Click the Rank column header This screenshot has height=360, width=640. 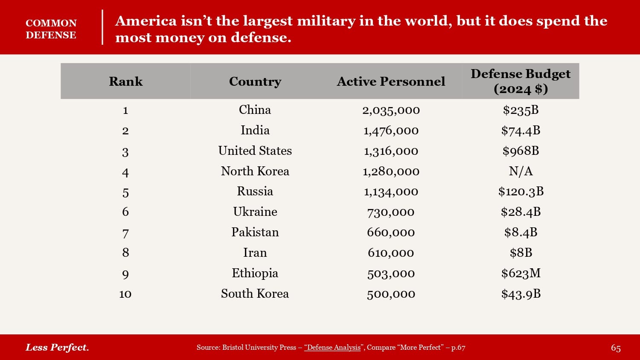(125, 81)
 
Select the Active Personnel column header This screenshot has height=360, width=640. (391, 81)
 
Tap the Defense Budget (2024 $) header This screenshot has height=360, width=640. (521, 81)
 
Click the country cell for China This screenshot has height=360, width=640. (255, 110)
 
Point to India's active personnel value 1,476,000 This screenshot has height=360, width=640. (391, 131)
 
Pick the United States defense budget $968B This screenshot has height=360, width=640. (521, 151)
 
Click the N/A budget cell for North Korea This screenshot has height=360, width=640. (521, 171)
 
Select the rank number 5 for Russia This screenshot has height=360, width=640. (125, 192)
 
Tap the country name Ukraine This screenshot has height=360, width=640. (255, 212)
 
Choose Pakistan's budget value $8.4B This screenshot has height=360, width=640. (521, 232)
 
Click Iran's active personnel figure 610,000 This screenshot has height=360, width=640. (391, 253)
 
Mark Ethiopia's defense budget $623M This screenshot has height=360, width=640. (521, 273)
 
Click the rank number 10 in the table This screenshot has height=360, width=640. (125, 294)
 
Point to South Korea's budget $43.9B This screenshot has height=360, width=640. (521, 293)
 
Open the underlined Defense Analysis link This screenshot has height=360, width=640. (332, 347)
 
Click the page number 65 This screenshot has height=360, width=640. (615, 348)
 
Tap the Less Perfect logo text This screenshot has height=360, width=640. (57, 347)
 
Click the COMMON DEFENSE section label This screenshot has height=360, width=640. (51, 29)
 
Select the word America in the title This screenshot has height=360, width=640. (145, 20)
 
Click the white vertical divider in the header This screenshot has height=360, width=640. (102, 27)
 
